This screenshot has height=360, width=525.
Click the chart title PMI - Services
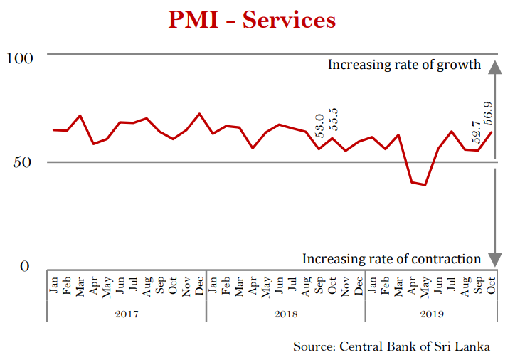(252, 20)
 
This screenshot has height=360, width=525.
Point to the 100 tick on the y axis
(20, 58)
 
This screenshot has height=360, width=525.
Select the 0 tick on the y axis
(26, 267)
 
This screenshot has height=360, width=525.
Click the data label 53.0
(320, 125)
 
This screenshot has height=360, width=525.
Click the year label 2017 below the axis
(127, 314)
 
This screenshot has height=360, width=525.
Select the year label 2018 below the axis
(286, 314)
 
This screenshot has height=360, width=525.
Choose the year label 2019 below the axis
(432, 314)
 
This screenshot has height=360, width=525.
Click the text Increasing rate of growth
(405, 65)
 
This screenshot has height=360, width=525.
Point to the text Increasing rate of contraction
(392, 259)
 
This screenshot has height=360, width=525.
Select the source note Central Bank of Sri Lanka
(392, 346)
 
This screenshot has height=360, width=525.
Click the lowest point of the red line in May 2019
(425, 185)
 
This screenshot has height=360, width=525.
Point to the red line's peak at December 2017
(199, 114)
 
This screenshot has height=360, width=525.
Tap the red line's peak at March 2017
(80, 115)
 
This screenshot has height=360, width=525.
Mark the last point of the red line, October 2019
(492, 132)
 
